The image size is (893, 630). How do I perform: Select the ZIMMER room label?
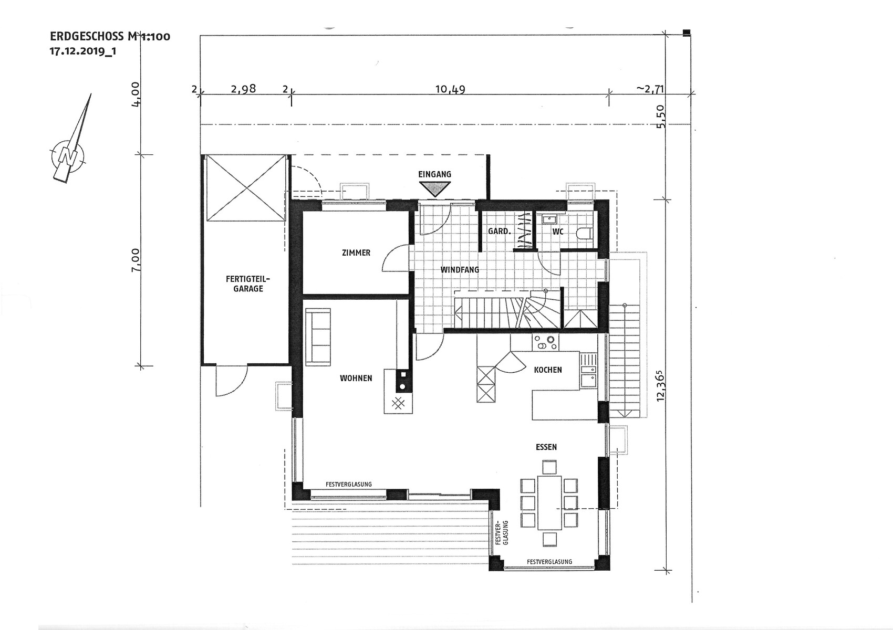click(x=356, y=253)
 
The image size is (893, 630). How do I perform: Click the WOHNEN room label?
click(x=356, y=378)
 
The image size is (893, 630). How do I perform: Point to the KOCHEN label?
click(x=548, y=370)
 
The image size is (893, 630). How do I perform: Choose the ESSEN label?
click(x=546, y=447)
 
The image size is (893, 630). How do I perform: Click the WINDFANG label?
click(x=460, y=270)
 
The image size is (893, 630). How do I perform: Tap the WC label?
click(x=558, y=231)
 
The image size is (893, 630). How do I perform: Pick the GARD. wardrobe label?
click(x=500, y=231)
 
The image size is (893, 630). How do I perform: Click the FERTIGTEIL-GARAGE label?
click(x=248, y=283)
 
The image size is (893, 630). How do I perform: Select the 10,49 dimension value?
click(x=450, y=89)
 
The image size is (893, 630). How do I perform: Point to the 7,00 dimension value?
click(x=136, y=259)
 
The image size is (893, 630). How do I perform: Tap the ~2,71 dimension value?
click(x=650, y=89)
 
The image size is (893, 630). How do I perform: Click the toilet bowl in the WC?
click(x=585, y=233)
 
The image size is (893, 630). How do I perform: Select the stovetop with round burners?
click(x=546, y=343)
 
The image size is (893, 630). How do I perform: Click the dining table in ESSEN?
click(x=549, y=502)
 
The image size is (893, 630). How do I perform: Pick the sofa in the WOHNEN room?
click(x=318, y=337)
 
